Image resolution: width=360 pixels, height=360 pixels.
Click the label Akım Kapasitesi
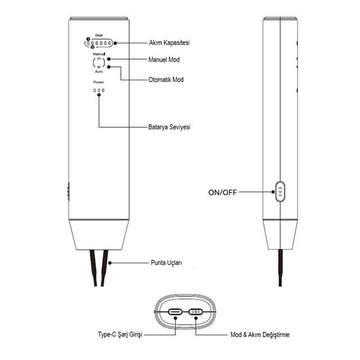[x=169, y=43]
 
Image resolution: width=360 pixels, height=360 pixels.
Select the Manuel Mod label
[x=164, y=60]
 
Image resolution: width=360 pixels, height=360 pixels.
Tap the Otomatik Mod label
[x=166, y=80]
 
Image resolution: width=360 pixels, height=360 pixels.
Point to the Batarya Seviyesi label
[x=169, y=127]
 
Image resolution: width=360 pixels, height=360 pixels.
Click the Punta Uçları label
[x=166, y=263]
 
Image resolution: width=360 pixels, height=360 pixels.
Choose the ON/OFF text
[x=223, y=192]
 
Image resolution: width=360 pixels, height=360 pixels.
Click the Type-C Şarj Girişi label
[x=120, y=334]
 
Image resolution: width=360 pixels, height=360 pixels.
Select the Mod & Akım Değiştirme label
[x=260, y=335]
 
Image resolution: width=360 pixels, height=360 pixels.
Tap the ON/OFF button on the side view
[x=280, y=191]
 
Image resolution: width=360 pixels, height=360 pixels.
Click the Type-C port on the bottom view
[x=175, y=312]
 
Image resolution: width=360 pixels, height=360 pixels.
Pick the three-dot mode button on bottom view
[x=196, y=312]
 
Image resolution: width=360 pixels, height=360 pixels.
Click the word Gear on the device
[x=99, y=35]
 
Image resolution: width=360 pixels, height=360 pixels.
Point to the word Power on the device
[x=99, y=82]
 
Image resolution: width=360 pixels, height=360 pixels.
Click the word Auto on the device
[x=99, y=71]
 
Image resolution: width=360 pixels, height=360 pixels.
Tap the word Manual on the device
[x=99, y=54]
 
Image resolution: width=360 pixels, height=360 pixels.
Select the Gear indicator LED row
[x=99, y=43]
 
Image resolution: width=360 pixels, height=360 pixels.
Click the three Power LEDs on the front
[x=99, y=91]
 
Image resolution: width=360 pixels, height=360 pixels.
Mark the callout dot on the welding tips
[x=110, y=263]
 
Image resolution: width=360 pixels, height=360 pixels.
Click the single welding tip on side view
[x=280, y=268]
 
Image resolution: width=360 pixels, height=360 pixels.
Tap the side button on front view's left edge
[x=68, y=191]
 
